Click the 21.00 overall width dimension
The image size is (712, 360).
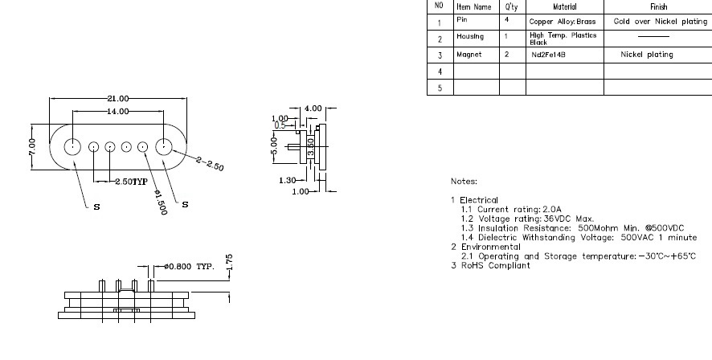click(x=119, y=99)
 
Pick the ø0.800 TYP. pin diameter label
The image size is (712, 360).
click(x=189, y=266)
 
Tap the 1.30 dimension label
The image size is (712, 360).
click(x=287, y=180)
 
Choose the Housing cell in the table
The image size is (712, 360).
click(x=470, y=39)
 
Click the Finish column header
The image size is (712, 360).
click(x=658, y=6)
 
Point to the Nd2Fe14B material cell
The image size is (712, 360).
click(x=548, y=55)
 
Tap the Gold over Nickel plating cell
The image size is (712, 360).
click(x=660, y=22)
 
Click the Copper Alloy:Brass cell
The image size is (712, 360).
click(x=563, y=22)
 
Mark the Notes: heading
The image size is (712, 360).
click(x=464, y=182)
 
